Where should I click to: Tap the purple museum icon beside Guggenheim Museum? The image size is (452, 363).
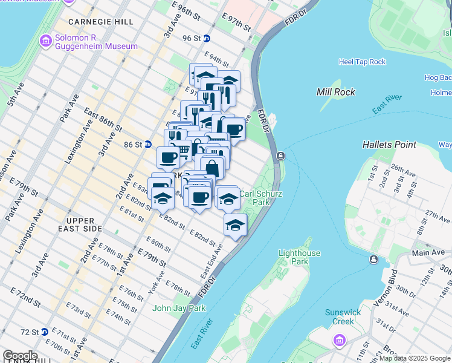point(45,41)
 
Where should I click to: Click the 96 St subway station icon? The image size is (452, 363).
point(206,38)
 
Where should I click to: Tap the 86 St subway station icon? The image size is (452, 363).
point(148,145)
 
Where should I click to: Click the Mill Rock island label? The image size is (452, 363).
point(335,92)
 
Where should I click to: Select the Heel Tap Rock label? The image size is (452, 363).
point(362,62)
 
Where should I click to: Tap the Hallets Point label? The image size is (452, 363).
point(389,145)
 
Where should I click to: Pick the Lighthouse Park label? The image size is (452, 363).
point(299,258)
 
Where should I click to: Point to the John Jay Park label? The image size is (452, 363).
point(179,308)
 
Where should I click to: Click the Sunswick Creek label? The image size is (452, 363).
point(343,317)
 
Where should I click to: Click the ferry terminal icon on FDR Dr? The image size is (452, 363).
point(280,156)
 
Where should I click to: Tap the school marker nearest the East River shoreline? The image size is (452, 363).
point(235,225)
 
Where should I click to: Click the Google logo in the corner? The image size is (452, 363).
point(20,356)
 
